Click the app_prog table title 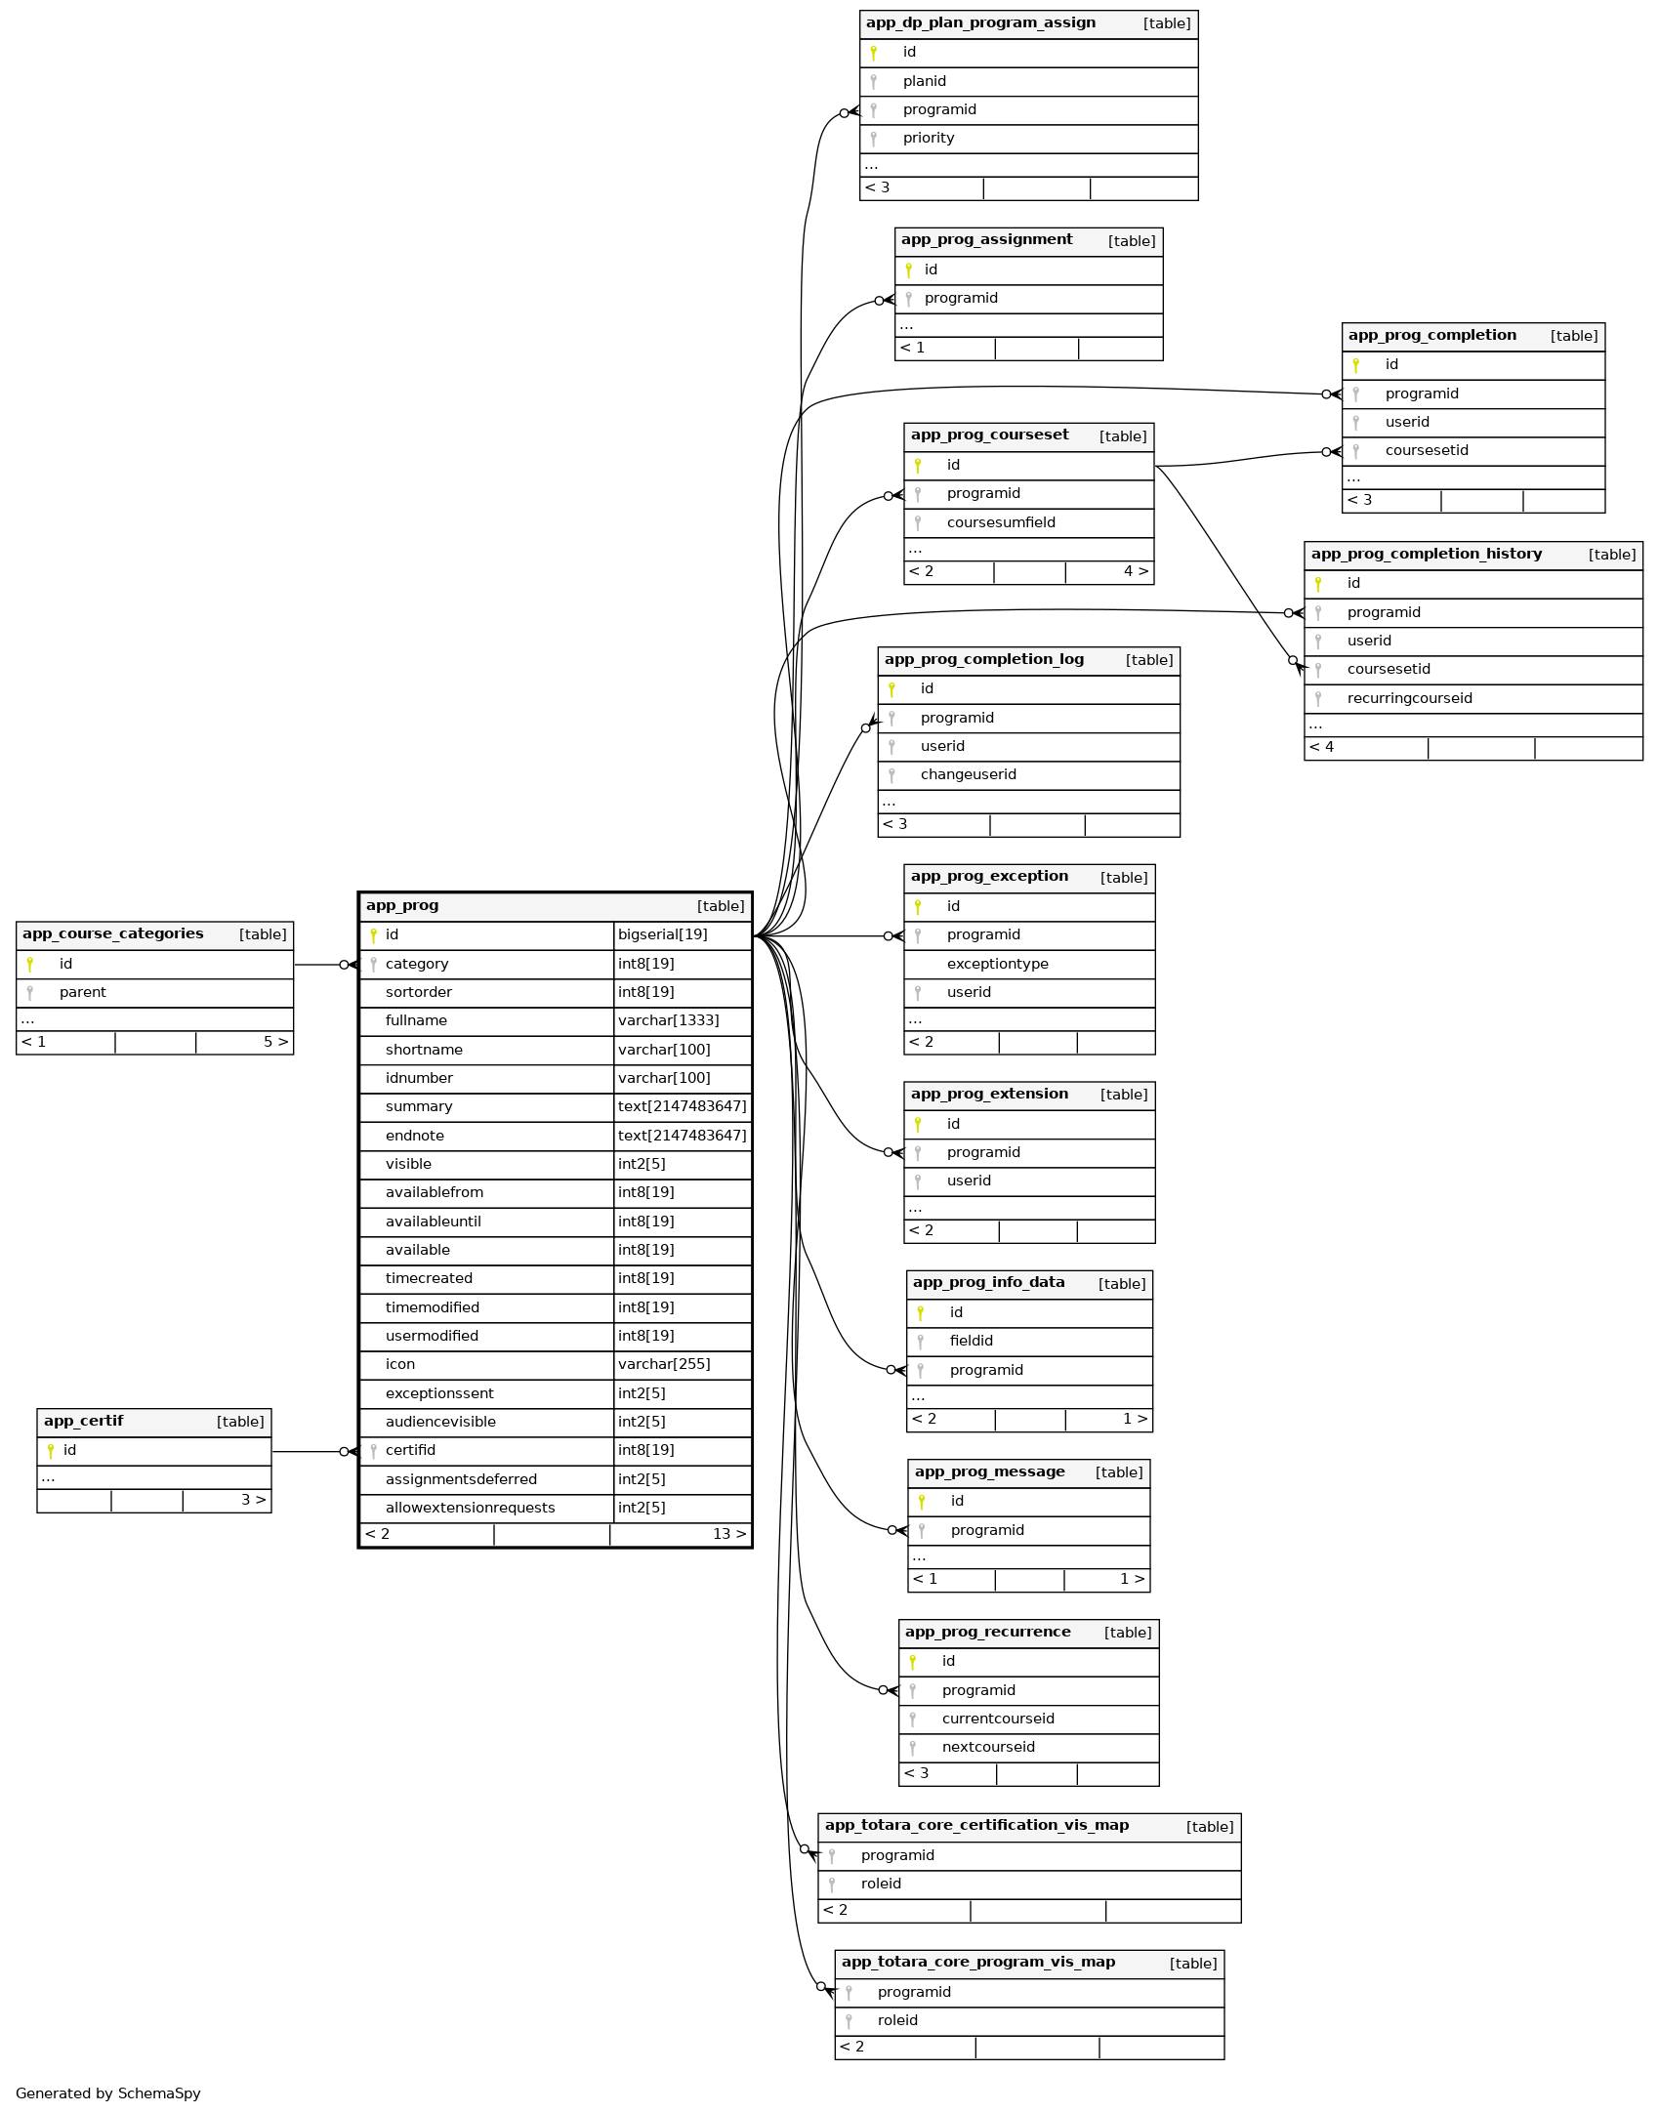[402, 905]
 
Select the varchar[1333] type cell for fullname [668, 1020]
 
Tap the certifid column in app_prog [410, 1450]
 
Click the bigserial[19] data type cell [662, 934]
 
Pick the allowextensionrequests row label [470, 1508]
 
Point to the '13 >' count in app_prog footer [728, 1534]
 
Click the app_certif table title [84, 1421]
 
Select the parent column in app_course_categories [83, 992]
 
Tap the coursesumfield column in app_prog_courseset [1001, 522]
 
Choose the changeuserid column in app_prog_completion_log [968, 774]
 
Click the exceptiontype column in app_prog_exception [997, 964]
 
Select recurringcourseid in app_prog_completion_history [1409, 698]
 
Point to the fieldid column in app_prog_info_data [971, 1341]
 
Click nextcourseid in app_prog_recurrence [988, 1747]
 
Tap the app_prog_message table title [989, 1471]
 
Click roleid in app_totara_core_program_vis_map [897, 2020]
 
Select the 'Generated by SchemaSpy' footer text [108, 2093]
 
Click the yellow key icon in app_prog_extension [918, 1124]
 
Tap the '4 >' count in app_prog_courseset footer [1135, 571]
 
